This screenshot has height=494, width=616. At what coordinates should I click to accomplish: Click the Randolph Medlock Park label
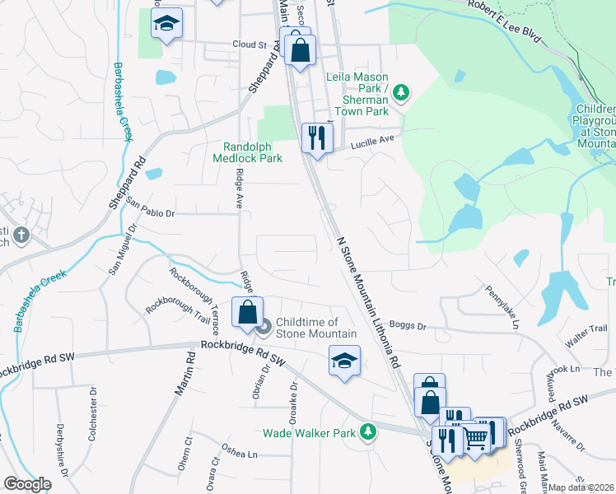point(247,152)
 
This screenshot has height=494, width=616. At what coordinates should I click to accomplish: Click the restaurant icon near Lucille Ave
point(317,137)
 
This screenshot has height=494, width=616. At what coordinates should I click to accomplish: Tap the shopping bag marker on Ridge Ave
point(247,312)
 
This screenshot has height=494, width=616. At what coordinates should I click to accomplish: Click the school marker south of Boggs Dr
point(345,361)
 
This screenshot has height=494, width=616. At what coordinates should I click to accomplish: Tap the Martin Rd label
point(184,374)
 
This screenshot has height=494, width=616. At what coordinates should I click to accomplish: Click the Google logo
point(27,484)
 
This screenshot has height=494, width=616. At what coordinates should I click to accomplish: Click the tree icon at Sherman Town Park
point(401,92)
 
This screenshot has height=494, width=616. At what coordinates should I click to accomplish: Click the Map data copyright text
point(581,487)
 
